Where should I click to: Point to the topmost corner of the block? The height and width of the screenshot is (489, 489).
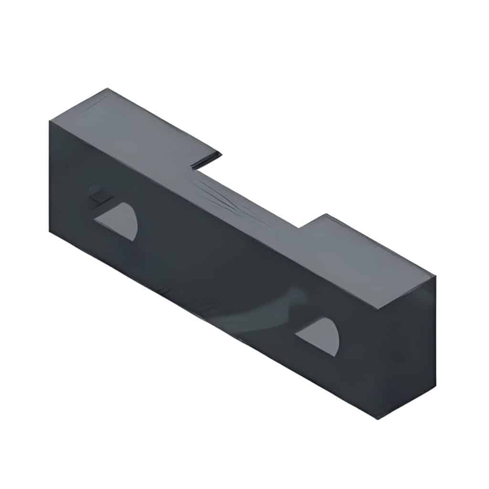click(108, 88)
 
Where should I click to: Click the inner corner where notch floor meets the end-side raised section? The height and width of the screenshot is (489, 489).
click(299, 227)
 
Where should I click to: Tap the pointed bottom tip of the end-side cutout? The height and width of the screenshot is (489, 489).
click(334, 356)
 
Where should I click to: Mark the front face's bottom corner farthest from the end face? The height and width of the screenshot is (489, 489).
click(50, 231)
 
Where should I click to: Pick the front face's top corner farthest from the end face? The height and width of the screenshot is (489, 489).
click(50, 120)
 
